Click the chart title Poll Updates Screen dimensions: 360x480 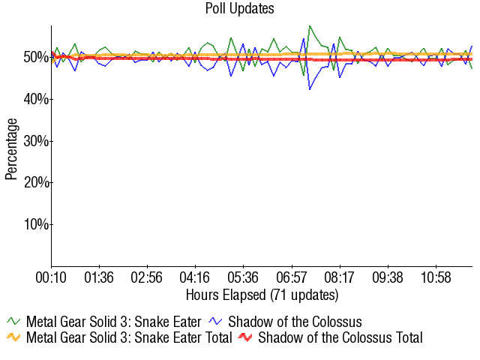(x=240, y=9)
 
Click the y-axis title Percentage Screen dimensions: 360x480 (x=11, y=148)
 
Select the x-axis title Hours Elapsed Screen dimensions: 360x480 (x=262, y=294)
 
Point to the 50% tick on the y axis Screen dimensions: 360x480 (x=36, y=58)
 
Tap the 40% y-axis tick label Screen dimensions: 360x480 (x=36, y=99)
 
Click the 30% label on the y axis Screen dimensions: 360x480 (x=36, y=141)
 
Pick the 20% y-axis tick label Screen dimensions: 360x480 (x=36, y=182)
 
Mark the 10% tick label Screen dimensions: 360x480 (x=36, y=224)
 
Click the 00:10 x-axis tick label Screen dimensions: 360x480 (x=51, y=278)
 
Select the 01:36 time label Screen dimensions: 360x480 (x=99, y=278)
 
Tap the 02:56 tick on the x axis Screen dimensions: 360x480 (x=147, y=278)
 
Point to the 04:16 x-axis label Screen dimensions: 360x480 (x=195, y=278)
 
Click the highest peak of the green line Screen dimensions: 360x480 (x=310, y=25)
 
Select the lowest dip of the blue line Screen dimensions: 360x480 (x=310, y=90)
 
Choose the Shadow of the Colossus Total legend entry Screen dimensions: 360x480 (x=330, y=337)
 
